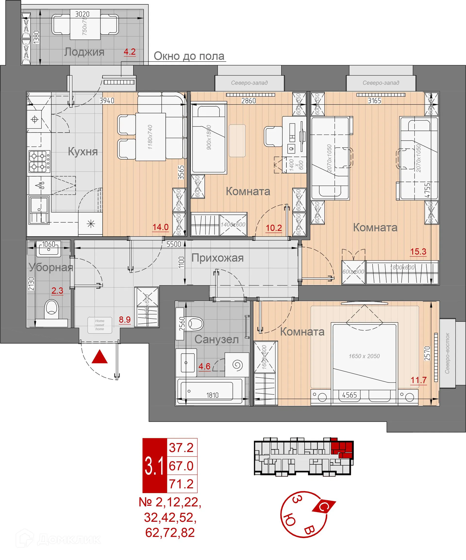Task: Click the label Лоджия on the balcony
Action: pyautogui.click(x=84, y=52)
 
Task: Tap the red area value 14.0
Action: pyautogui.click(x=160, y=227)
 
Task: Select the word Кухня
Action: pyautogui.click(x=83, y=152)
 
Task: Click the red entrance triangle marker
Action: pyautogui.click(x=100, y=357)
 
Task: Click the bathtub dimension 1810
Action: pyautogui.click(x=212, y=395)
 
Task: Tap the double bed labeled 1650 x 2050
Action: pyautogui.click(x=364, y=357)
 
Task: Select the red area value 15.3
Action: pyautogui.click(x=418, y=251)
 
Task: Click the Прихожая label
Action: pyautogui.click(x=217, y=258)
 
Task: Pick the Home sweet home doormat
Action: pyautogui.click(x=100, y=325)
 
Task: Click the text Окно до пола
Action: pyautogui.click(x=189, y=56)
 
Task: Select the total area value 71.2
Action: pyautogui.click(x=181, y=484)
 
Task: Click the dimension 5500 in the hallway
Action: pyautogui.click(x=174, y=244)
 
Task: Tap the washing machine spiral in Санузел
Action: pyautogui.click(x=237, y=365)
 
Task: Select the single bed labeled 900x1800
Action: pyautogui.click(x=209, y=137)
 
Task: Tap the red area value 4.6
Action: pyautogui.click(x=204, y=366)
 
